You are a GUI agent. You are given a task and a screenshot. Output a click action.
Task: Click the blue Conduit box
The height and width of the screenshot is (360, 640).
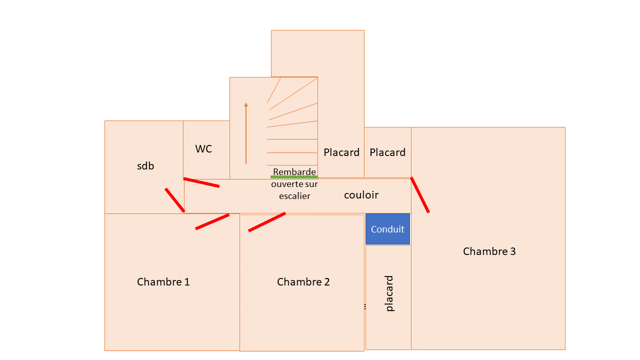click(387, 229)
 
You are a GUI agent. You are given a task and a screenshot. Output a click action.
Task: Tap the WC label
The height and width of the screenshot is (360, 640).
click(203, 149)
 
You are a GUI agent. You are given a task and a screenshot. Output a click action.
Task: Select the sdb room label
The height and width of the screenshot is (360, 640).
click(145, 166)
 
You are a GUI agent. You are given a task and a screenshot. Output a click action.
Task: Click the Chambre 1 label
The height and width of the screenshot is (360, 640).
click(163, 282)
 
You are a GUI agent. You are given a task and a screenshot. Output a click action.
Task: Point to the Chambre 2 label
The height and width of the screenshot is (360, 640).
click(303, 282)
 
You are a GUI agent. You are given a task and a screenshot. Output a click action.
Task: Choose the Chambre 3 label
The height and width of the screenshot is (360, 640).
click(489, 251)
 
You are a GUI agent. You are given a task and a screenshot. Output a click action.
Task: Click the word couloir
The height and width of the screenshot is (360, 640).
click(361, 195)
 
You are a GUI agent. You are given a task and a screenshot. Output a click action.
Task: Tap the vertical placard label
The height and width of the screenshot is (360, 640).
click(390, 293)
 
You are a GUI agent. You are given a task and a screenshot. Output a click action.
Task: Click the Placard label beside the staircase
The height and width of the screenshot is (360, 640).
click(341, 152)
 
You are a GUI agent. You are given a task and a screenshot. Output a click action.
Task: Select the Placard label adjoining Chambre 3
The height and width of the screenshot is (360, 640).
click(387, 152)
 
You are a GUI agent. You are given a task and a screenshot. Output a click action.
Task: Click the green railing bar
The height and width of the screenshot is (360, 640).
click(294, 177)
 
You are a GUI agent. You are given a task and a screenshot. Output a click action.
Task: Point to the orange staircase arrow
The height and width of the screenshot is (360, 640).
click(246, 133)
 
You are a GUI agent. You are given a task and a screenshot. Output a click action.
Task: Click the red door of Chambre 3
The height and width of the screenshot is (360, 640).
click(420, 195)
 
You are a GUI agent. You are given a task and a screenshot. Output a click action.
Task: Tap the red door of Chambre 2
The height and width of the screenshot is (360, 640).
click(267, 222)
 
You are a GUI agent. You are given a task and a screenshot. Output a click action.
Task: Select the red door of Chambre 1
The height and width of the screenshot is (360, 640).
click(212, 222)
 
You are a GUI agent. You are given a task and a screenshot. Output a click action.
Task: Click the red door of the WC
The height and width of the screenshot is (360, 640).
click(201, 182)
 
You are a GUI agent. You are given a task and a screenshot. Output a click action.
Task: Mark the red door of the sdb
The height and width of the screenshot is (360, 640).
click(175, 200)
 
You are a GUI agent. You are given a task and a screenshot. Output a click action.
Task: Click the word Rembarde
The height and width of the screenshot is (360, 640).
click(294, 172)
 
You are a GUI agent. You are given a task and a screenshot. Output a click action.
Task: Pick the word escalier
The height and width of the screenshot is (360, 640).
click(294, 196)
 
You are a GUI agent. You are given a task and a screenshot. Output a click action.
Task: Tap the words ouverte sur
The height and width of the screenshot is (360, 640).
click(294, 184)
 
